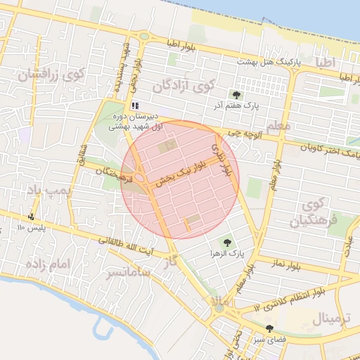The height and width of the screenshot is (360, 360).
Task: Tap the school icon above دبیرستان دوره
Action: (x=136, y=105)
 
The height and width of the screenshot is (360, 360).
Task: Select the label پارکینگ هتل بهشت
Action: (x=269, y=62)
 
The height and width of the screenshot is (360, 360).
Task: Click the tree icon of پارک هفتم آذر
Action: (x=236, y=94)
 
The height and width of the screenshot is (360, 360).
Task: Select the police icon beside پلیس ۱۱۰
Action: (x=32, y=217)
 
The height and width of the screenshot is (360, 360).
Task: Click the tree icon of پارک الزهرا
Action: (x=226, y=241)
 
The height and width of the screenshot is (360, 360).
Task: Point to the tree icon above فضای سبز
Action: (x=269, y=329)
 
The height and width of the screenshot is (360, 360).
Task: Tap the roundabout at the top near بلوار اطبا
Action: (x=144, y=37)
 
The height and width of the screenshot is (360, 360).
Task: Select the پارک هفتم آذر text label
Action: (x=257, y=105)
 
